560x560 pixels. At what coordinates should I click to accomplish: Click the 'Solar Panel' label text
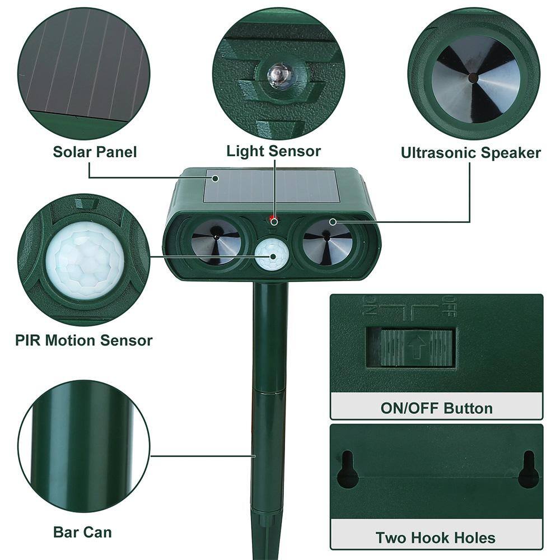[95, 151]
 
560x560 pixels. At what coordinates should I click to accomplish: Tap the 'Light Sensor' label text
[273, 151]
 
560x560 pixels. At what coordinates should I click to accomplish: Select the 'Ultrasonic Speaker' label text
[470, 153]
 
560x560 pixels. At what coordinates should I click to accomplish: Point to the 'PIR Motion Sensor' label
[83, 340]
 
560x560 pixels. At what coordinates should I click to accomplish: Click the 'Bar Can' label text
[82, 531]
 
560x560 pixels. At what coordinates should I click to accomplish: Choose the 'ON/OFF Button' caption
[436, 408]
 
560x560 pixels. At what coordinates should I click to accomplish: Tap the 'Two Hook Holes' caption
[435, 538]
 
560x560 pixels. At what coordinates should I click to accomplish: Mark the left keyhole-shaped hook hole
[347, 470]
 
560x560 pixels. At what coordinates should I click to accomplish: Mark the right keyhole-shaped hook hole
[528, 470]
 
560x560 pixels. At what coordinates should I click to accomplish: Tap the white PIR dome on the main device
[272, 255]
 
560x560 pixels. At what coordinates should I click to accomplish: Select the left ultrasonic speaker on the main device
[216, 241]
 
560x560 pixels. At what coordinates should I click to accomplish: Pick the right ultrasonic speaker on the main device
[328, 241]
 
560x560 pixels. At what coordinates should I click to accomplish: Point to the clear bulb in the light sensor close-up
[278, 75]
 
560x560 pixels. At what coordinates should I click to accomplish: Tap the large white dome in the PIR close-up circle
[84, 260]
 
